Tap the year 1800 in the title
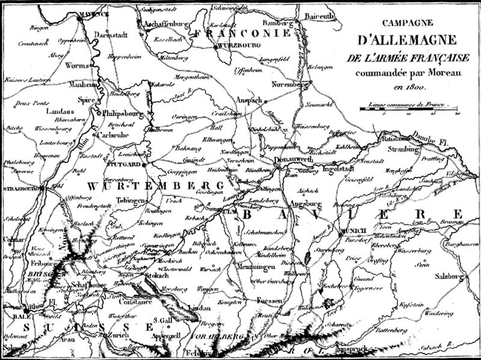pos(405,87)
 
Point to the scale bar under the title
pos(409,109)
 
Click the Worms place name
pos(76,64)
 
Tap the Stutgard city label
pos(124,163)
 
